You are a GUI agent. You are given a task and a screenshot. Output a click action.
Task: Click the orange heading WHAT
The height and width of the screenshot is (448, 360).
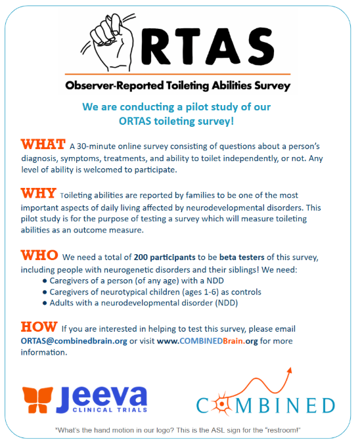click(x=43, y=145)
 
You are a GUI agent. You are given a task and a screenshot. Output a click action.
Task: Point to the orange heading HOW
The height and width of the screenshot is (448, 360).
click(x=39, y=326)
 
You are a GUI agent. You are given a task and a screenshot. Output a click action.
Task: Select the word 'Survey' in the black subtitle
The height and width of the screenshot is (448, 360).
click(x=272, y=85)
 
